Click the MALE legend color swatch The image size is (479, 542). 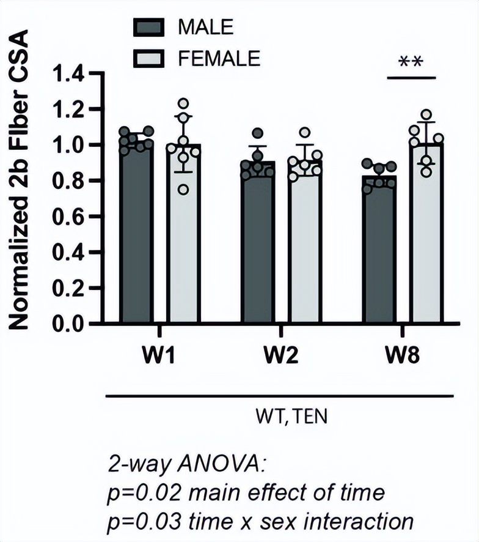[148, 27]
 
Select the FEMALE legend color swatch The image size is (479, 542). [148, 59]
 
